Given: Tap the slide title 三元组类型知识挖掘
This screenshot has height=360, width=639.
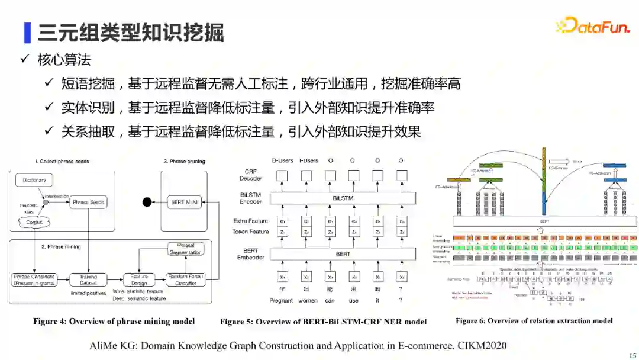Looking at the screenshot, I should (x=131, y=33).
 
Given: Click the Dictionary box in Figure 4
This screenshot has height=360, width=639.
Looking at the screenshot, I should (x=34, y=180).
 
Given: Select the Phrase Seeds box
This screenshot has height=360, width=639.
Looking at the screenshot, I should (x=89, y=202).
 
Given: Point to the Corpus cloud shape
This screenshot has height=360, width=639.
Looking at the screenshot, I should (x=34, y=223).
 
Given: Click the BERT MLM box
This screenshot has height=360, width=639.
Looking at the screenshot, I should (x=185, y=202).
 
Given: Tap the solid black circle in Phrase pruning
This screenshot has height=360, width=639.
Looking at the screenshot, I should (x=147, y=202).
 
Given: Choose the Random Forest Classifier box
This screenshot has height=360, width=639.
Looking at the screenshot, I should (x=186, y=279).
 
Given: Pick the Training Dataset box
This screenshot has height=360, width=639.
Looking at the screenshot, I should (x=89, y=279).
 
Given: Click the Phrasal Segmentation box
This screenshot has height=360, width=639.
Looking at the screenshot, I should (x=186, y=249).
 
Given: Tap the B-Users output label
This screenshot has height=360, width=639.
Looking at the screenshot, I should (x=282, y=160).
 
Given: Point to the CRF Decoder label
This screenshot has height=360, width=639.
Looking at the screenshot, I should (x=251, y=175).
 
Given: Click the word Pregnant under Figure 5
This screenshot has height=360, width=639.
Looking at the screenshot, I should (x=281, y=300).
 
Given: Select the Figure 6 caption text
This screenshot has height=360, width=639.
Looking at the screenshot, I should (x=534, y=321).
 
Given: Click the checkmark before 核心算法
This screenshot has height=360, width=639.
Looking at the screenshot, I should (x=25, y=60).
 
